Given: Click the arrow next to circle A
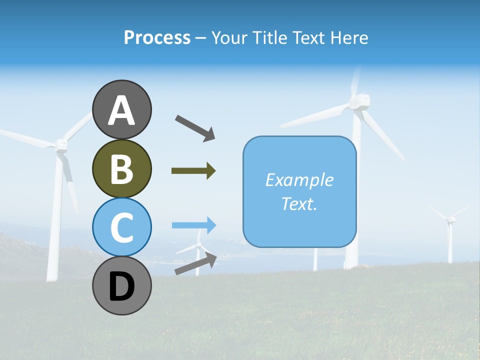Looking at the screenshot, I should (195, 127).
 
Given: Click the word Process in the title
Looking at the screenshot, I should (157, 37).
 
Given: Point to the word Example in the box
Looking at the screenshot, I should (299, 180).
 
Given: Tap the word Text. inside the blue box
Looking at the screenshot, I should (299, 204).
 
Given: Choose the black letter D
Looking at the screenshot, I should (121, 287).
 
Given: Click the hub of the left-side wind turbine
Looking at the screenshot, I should (61, 145).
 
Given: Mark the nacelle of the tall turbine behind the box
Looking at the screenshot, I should (359, 102).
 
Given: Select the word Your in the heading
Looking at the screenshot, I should (228, 37).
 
